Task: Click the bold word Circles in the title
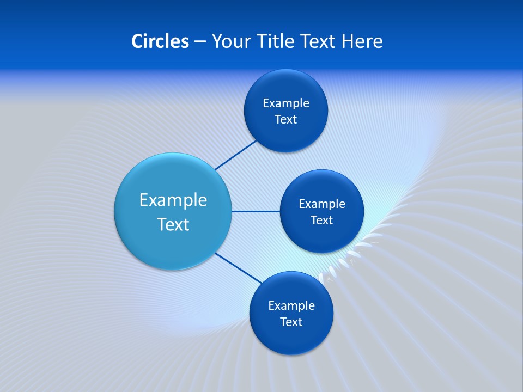pyautogui.click(x=160, y=41)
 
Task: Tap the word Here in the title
pyautogui.click(x=362, y=41)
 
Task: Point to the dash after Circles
pyautogui.click(x=200, y=42)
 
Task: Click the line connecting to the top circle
pyautogui.click(x=236, y=155)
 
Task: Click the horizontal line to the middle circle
pyautogui.click(x=256, y=211)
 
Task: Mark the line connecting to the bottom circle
pyautogui.click(x=238, y=268)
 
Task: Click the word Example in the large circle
pyautogui.click(x=173, y=200)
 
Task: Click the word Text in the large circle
pyautogui.click(x=173, y=224)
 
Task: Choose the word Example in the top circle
pyautogui.click(x=285, y=103)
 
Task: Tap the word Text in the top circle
pyautogui.click(x=285, y=119)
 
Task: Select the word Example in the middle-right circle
pyautogui.click(x=321, y=204)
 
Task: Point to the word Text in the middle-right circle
pyautogui.click(x=321, y=220)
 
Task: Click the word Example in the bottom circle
pyautogui.click(x=291, y=305)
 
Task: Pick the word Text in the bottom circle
pyautogui.click(x=291, y=322)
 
